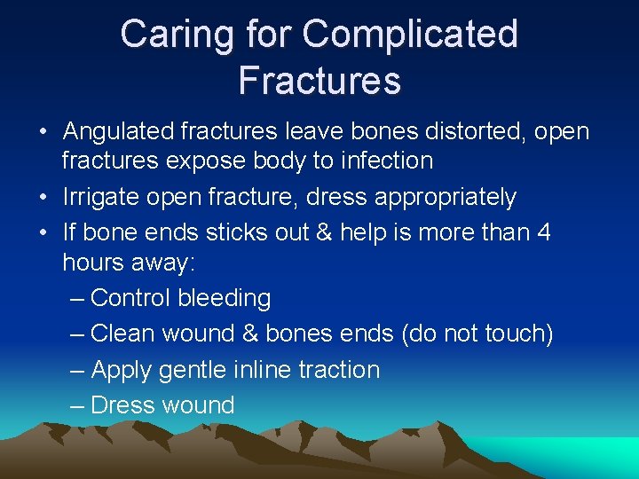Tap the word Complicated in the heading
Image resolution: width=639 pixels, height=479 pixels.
(410, 35)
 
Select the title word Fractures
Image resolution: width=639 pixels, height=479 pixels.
(319, 79)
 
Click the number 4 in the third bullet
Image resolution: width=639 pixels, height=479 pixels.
(544, 232)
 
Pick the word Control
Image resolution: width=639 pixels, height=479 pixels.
(130, 298)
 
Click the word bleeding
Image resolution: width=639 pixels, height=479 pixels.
(224, 298)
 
